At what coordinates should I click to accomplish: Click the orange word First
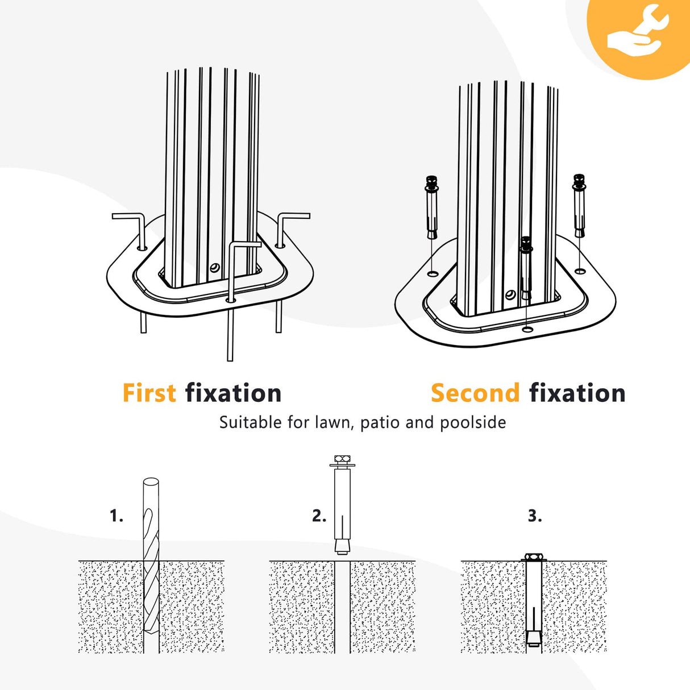pyautogui.click(x=149, y=393)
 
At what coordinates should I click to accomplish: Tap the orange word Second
pyautogui.click(x=475, y=393)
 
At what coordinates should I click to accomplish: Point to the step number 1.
pyautogui.click(x=117, y=516)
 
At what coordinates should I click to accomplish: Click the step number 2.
pyautogui.click(x=319, y=516)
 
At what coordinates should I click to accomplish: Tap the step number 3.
pyautogui.click(x=535, y=516)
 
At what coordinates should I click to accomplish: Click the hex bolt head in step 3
pyautogui.click(x=534, y=557)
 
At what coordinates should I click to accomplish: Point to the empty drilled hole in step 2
pyautogui.click(x=342, y=607)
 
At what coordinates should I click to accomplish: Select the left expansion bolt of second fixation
pyautogui.click(x=432, y=207)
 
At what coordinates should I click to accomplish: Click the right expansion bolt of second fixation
pyautogui.click(x=579, y=205)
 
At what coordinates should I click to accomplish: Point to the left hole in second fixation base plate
pyautogui.click(x=433, y=274)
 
